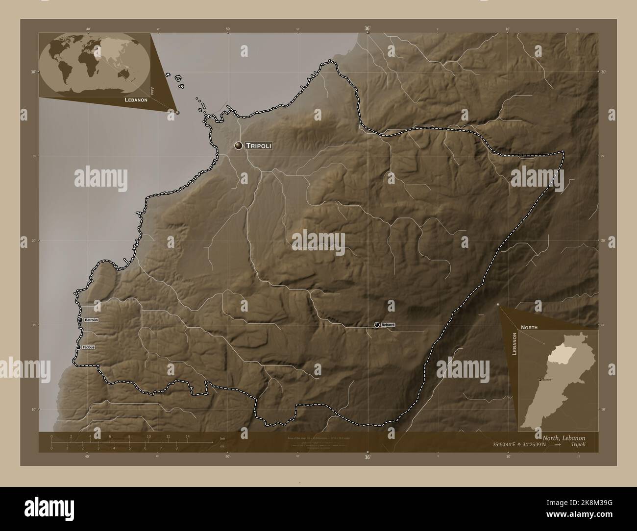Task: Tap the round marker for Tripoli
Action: click(239, 145)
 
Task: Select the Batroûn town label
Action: click(91, 320)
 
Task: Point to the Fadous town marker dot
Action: click(78, 347)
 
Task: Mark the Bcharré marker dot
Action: click(376, 324)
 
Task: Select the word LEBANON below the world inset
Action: click(136, 99)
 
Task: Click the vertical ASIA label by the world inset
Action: click(153, 91)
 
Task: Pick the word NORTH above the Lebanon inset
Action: click(529, 327)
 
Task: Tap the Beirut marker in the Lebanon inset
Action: click(540, 380)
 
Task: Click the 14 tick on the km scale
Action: click(188, 436)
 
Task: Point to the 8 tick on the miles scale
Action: click(176, 448)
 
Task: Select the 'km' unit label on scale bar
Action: click(222, 438)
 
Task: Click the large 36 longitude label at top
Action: click(367, 28)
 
